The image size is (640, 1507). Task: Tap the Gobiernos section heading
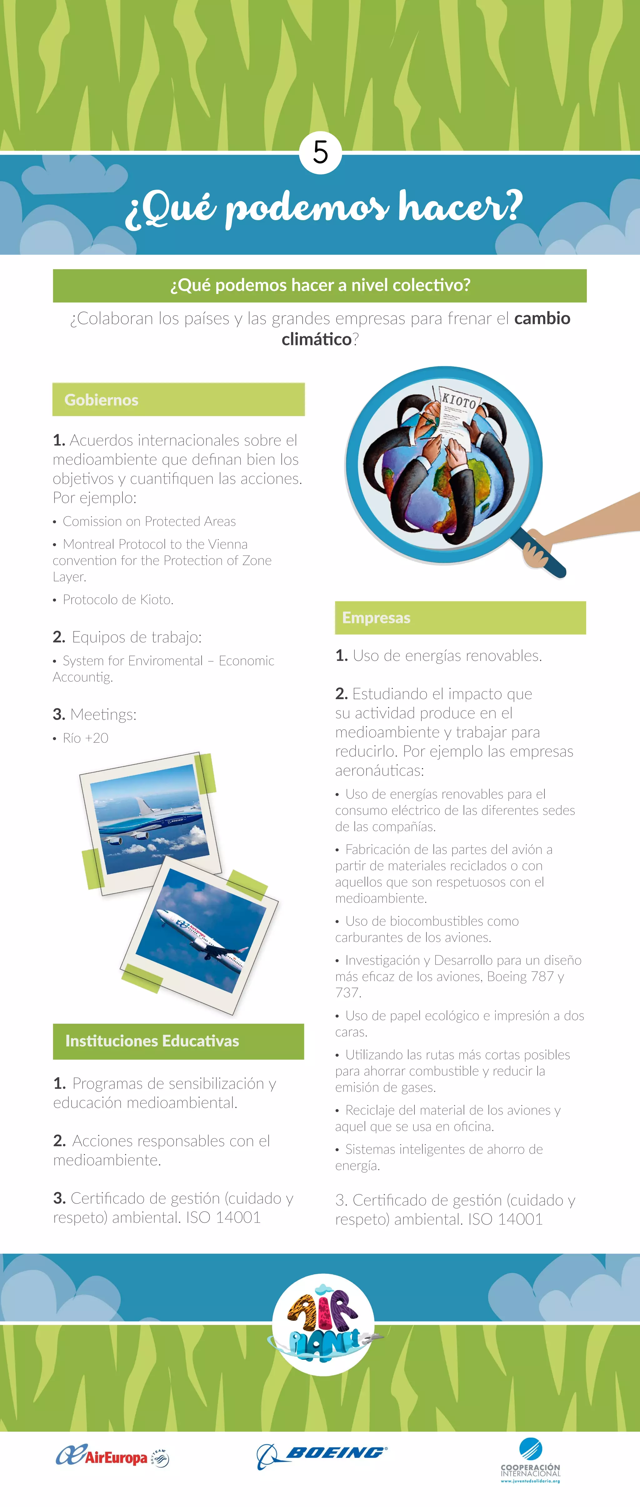point(102,400)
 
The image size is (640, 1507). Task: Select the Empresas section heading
point(376,618)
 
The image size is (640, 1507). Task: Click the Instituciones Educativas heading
point(152,1041)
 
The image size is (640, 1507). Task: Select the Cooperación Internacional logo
point(530,1461)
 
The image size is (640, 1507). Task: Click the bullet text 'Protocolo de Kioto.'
point(117,599)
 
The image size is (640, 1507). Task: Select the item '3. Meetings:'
point(95,714)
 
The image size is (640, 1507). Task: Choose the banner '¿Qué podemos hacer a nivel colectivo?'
point(320,286)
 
